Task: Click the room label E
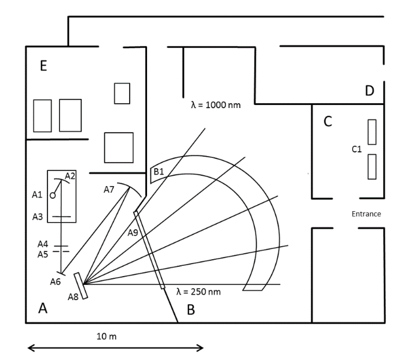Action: click(x=43, y=66)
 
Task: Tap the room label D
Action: click(x=370, y=91)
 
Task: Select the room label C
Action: click(x=328, y=121)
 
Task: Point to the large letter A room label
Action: click(x=43, y=308)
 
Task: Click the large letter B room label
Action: click(x=191, y=310)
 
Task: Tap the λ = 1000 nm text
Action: click(x=215, y=104)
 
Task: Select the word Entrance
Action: click(x=366, y=214)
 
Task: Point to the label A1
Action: click(x=37, y=194)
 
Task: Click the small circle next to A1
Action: click(x=53, y=195)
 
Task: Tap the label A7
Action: click(x=109, y=190)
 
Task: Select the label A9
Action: click(x=133, y=232)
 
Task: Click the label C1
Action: click(x=356, y=149)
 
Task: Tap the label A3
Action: click(x=37, y=217)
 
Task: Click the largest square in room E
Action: click(x=118, y=147)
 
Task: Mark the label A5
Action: click(x=43, y=254)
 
